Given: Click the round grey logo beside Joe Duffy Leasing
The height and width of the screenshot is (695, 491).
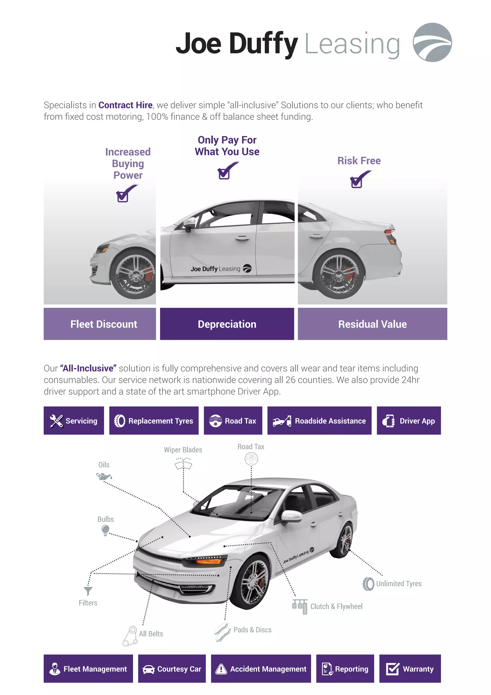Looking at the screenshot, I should point(432,42).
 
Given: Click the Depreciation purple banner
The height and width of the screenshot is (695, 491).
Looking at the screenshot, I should point(227,324).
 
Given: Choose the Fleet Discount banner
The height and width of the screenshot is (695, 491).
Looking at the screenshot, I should point(100,324).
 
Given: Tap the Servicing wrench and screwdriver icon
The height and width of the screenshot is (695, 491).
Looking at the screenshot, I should point(57,421).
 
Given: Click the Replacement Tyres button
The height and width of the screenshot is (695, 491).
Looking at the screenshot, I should point(154,421).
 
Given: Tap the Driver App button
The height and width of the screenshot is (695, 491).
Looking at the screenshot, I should point(409,421).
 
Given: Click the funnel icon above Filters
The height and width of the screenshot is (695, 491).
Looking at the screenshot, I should point(88,591).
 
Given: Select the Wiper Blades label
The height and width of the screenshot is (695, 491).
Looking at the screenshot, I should point(183,450).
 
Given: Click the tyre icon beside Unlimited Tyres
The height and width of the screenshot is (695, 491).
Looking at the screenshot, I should point(368,584).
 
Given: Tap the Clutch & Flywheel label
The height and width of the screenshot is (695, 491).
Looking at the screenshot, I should point(336,606).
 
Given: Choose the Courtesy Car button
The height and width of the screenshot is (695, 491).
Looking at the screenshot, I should point(172,669).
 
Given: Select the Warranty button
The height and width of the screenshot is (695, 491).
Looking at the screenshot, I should point(410,669).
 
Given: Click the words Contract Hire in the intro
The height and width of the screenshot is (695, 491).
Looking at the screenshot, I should point(125,105).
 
